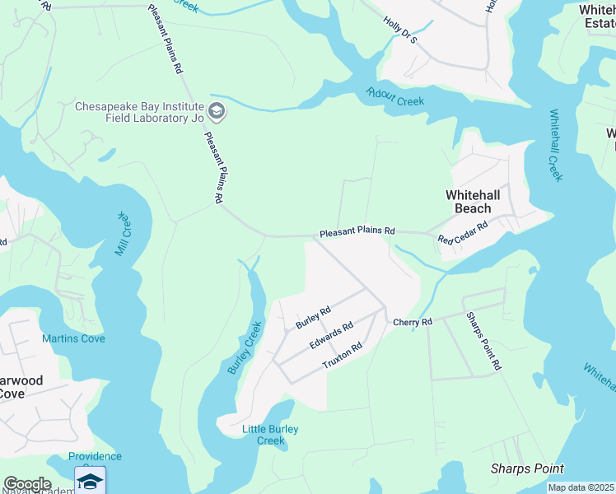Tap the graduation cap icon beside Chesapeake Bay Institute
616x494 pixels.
coord(216,111)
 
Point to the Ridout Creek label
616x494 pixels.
coord(395,96)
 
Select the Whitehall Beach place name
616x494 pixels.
coord(474,202)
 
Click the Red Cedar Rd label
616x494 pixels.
coord(464,232)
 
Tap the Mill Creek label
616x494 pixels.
coord(124,233)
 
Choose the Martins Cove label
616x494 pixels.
coord(73,339)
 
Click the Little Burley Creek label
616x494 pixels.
coord(270,435)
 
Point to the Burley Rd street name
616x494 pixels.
coord(313,318)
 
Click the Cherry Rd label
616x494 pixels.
coord(412,322)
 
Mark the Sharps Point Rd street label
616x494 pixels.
coord(483,341)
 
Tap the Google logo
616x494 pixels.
coord(27,484)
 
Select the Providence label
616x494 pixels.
coord(95,456)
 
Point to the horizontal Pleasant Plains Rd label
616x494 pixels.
coord(357,232)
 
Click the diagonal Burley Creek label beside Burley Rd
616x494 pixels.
coord(244,351)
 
